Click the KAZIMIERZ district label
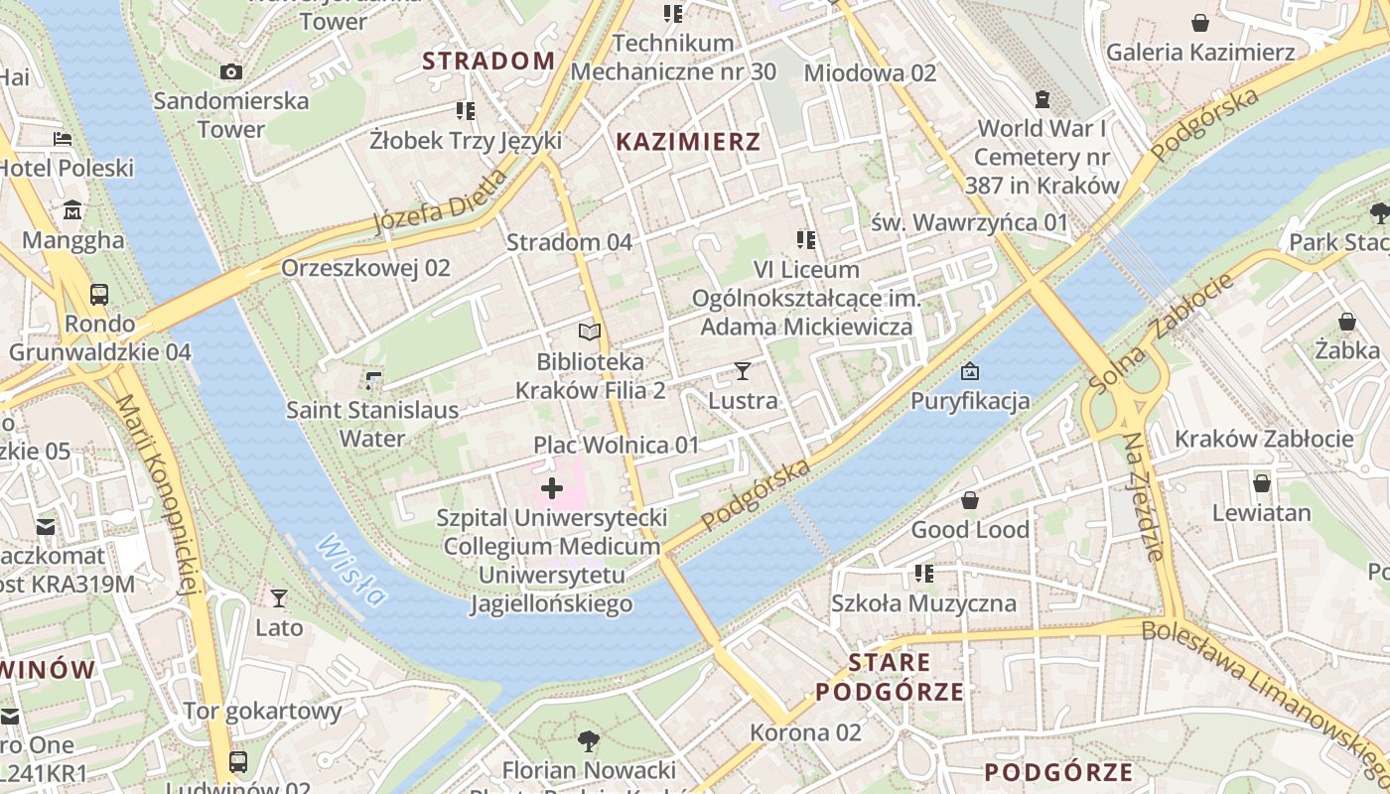[x=688, y=142]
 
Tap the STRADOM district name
[x=488, y=61]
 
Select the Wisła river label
[x=352, y=570]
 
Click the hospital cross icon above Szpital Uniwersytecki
[x=552, y=488]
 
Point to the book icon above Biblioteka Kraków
[x=590, y=332]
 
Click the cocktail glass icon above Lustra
[x=743, y=371]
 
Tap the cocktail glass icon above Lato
[x=279, y=598]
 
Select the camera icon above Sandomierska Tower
[x=230, y=71]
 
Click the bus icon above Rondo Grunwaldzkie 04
[x=99, y=295]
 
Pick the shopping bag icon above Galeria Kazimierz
[x=1199, y=22]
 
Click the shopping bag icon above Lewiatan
[x=1261, y=483]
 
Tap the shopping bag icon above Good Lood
[x=970, y=500]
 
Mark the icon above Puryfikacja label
[x=970, y=372]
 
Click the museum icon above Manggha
[x=73, y=210]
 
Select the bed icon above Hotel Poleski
[x=64, y=139]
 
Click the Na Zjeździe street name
[x=1143, y=496]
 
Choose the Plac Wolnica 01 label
[x=617, y=445]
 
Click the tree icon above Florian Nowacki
[x=589, y=740]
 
